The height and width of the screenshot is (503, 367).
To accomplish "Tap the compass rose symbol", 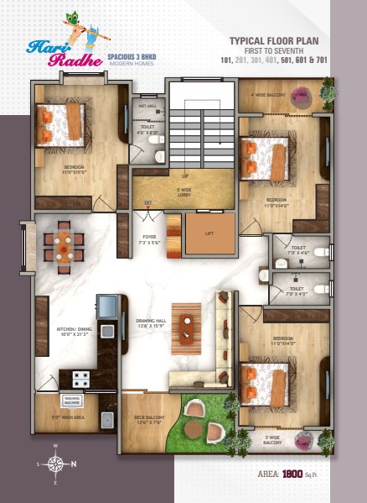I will click(x=55, y=463).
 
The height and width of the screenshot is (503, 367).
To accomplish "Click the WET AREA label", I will click(x=148, y=107).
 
